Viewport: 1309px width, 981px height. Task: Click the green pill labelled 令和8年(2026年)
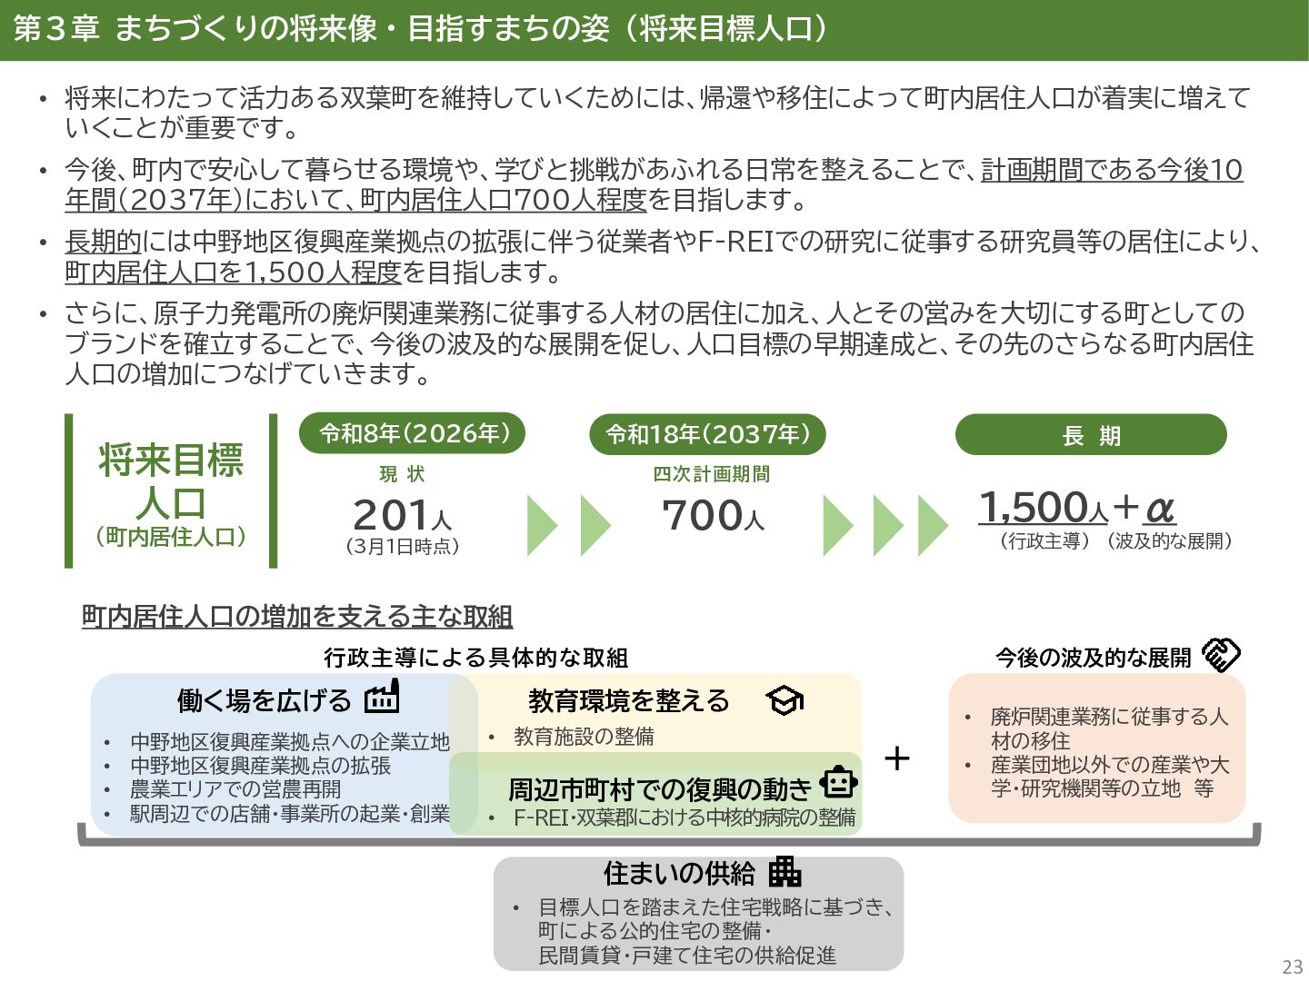coord(413,434)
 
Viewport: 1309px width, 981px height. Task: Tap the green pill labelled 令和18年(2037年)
coord(707,434)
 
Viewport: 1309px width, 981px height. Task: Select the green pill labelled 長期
coord(1091,435)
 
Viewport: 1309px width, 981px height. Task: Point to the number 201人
coord(402,516)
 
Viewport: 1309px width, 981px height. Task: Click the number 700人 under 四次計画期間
coord(713,516)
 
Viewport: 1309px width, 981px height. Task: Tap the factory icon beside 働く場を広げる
coord(382,698)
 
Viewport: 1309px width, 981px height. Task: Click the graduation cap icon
coord(784,700)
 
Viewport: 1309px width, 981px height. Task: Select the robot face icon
coord(838,782)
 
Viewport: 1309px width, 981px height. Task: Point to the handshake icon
coord(1221,655)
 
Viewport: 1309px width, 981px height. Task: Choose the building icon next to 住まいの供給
coord(784,872)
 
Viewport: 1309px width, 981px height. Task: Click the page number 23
coord(1292,966)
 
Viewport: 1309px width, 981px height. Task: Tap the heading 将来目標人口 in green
coord(171,481)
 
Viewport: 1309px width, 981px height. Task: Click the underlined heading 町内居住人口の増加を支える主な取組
coord(297,617)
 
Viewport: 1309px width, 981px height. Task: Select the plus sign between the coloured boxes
coord(896,758)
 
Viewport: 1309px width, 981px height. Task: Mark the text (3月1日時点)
coord(402,547)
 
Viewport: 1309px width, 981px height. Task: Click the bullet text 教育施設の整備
coord(584,737)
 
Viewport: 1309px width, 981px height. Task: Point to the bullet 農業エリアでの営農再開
coord(235,789)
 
